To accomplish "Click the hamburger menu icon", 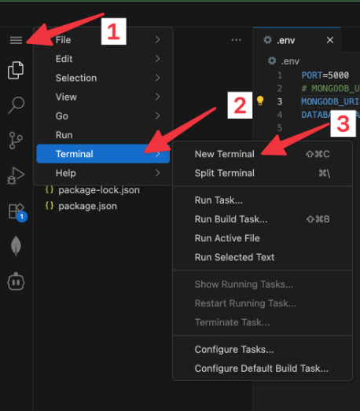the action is click(x=16, y=40).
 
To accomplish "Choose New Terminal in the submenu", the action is click(x=225, y=154).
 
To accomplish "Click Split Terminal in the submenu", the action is click(x=225, y=173).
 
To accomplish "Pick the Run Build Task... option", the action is click(x=231, y=219).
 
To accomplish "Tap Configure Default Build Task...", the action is click(x=262, y=369).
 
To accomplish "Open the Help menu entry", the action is click(x=66, y=173).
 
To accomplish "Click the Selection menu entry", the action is click(x=76, y=78).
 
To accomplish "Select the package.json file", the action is click(x=87, y=207).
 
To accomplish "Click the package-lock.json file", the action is click(x=99, y=190).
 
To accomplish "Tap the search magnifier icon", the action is click(x=17, y=105).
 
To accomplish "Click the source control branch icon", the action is click(x=16, y=141).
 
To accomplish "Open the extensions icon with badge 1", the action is click(x=17, y=212).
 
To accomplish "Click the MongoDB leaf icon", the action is click(x=16, y=246).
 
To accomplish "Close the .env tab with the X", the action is click(x=330, y=40).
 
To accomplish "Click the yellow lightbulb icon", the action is click(x=260, y=101).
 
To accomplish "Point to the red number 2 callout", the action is click(x=240, y=105).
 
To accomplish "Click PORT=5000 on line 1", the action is click(x=325, y=75).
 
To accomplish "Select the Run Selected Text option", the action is click(x=234, y=258).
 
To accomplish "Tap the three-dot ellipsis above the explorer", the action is click(x=237, y=40).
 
